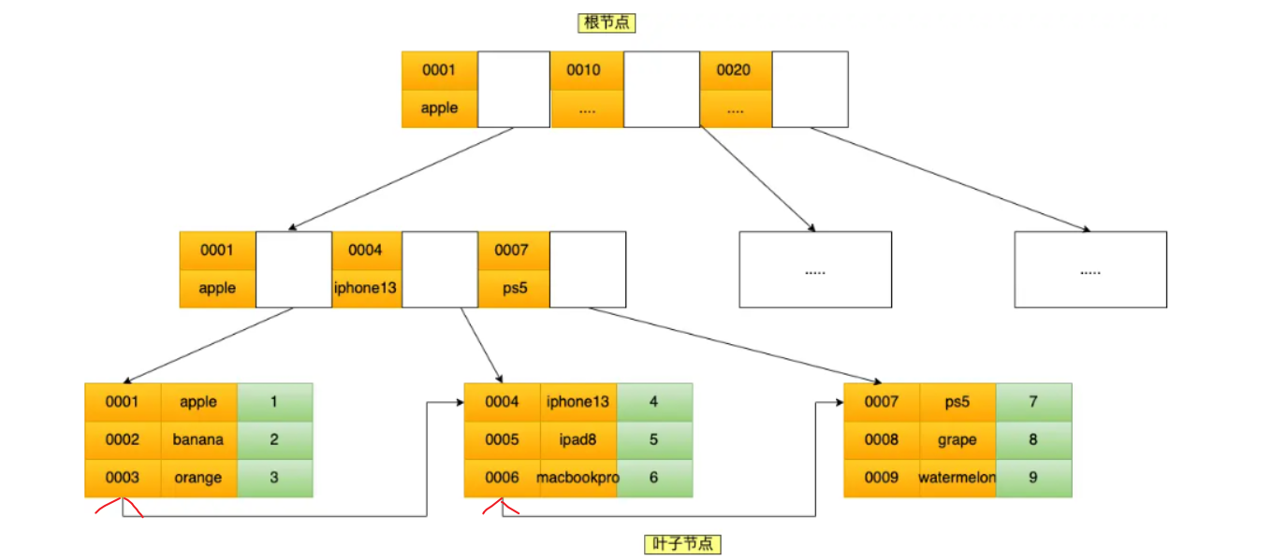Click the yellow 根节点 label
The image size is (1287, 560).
point(607,23)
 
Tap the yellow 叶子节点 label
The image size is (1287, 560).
point(682,544)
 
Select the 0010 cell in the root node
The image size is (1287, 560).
point(587,70)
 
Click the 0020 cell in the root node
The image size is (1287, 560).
point(736,70)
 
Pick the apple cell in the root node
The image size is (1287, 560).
point(440,108)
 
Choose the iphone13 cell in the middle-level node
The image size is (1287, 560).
point(366,288)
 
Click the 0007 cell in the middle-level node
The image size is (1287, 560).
point(514,251)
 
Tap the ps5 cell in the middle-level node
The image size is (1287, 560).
point(514,288)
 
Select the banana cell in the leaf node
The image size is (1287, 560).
point(198,440)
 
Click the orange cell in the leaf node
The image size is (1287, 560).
point(198,478)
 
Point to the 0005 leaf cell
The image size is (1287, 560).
point(502,440)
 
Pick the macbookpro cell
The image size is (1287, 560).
point(578,478)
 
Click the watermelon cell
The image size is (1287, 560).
point(958,478)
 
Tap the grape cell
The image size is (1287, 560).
point(958,440)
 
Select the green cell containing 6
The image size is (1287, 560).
point(654,478)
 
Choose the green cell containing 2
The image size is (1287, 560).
point(274,440)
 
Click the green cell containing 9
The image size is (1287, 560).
point(1033,478)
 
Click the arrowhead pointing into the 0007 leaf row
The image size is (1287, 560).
point(840,402)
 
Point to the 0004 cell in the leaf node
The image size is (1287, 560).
point(502,402)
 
